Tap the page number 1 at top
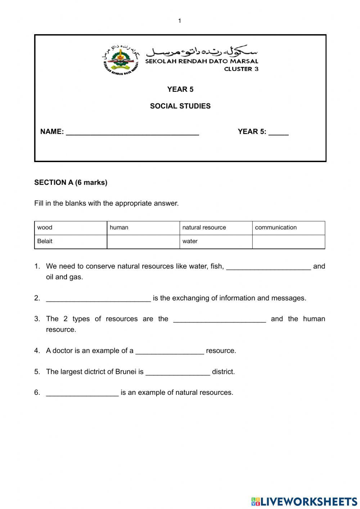[x=180, y=21]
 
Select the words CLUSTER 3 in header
[x=241, y=69]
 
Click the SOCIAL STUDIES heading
[x=180, y=106]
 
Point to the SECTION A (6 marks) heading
[x=71, y=183]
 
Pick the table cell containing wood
[x=71, y=228]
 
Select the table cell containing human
[x=143, y=228]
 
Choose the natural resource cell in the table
[x=216, y=228]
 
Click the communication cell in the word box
[x=288, y=228]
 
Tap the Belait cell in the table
[x=71, y=242]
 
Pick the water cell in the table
[x=216, y=242]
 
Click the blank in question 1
[x=268, y=267]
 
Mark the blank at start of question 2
[x=98, y=299]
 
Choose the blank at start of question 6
[x=82, y=393]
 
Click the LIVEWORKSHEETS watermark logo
[x=304, y=501]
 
